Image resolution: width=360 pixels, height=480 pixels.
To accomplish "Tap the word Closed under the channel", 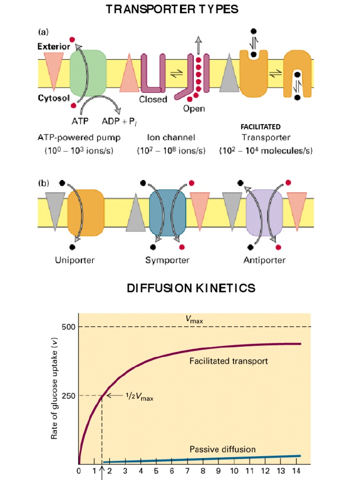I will (x=153, y=99).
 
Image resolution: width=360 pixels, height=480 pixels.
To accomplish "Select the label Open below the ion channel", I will (x=193, y=108).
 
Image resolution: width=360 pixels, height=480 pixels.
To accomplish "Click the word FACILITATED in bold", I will (x=260, y=127).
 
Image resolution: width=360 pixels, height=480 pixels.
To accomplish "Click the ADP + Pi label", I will (x=117, y=121).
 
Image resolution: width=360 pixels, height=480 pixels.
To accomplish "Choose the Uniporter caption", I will (x=74, y=260).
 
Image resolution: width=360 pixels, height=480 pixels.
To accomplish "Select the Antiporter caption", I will (x=264, y=260).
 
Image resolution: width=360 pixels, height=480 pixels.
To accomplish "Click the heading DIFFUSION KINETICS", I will (x=191, y=288).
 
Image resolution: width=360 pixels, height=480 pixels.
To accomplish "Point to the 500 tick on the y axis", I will (x=69, y=326).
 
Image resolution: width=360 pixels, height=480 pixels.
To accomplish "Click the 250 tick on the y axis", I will (x=69, y=395).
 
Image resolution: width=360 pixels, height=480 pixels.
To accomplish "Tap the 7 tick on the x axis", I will (x=187, y=471).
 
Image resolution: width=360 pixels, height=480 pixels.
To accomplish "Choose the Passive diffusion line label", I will (x=223, y=450).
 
